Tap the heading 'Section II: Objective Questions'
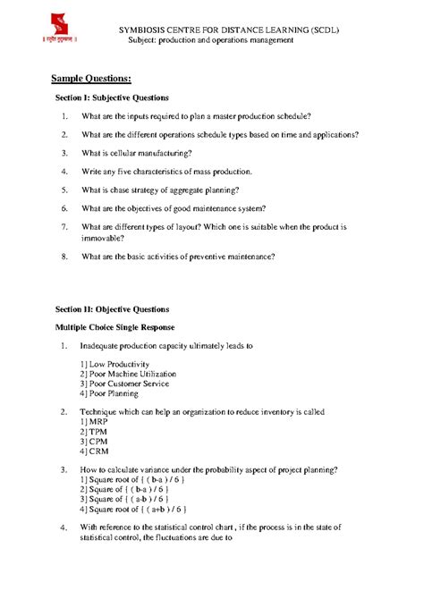click(112, 309)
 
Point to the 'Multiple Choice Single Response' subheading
click(114, 327)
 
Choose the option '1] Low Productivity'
click(117, 364)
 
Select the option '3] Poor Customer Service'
click(124, 384)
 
